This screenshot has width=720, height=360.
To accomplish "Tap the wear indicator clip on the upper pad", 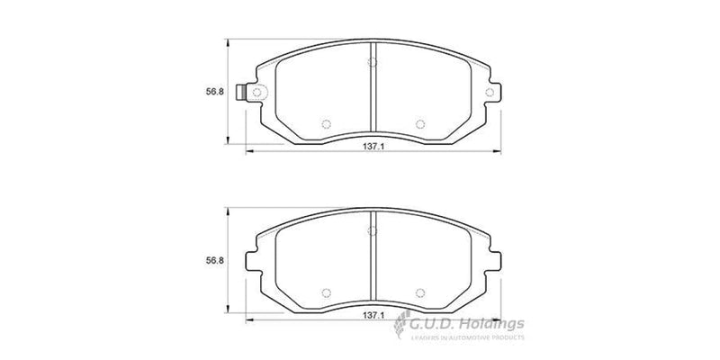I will coord(240,93).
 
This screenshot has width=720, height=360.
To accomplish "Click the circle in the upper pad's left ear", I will coord(256,93).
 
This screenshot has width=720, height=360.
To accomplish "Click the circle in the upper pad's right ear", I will coord(490,93).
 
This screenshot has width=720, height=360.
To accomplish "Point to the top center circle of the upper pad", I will coord(372,62).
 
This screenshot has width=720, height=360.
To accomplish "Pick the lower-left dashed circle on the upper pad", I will coord(327,124).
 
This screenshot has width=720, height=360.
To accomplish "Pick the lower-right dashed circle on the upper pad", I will coord(418,124).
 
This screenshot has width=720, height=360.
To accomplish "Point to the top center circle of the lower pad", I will coord(372,231).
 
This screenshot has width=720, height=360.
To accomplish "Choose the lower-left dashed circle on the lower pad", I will coord(327,292).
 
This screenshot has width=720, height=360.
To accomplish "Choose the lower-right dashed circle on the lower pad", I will coord(418,292).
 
